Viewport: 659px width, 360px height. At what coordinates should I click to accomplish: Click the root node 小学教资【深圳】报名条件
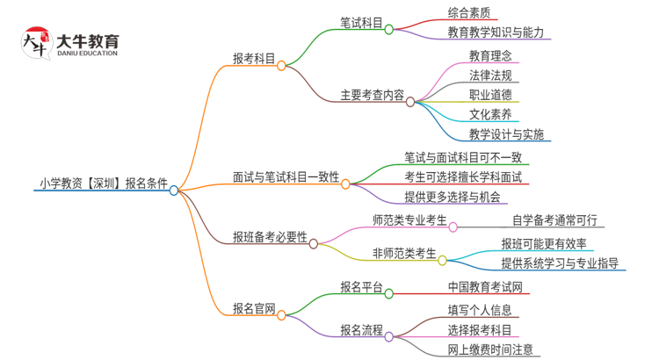104,184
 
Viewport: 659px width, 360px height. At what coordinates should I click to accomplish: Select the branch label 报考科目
254,59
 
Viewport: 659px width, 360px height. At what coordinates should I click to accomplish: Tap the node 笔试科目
361,24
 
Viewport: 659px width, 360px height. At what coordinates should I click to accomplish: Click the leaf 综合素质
469,12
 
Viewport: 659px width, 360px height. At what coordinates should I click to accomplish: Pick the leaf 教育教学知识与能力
496,32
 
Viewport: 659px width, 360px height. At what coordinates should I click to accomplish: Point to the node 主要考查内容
372,95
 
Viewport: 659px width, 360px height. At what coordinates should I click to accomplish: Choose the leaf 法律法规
490,75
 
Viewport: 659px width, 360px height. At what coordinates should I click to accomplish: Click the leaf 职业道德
490,95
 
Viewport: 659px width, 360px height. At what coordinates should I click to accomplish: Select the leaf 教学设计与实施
506,134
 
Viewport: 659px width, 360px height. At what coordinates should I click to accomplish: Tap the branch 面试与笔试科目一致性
286,177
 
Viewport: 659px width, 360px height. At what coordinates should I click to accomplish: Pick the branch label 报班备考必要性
270,237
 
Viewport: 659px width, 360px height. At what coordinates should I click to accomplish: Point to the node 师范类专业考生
409,220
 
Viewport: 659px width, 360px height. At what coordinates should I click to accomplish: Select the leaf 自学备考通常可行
554,220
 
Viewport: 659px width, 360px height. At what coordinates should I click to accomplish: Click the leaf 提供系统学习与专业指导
560,263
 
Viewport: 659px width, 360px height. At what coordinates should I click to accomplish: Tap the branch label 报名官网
254,308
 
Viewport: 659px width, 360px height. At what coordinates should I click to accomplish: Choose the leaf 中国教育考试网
485,287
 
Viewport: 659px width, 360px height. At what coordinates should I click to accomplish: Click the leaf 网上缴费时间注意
489,349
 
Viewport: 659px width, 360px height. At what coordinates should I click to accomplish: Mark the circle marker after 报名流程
389,335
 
